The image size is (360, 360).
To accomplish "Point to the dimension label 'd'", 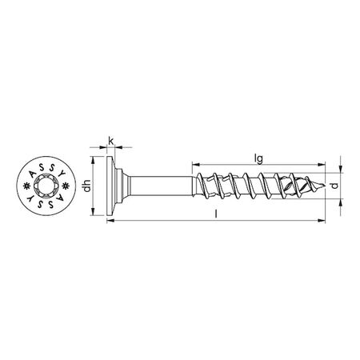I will point(345,186).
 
